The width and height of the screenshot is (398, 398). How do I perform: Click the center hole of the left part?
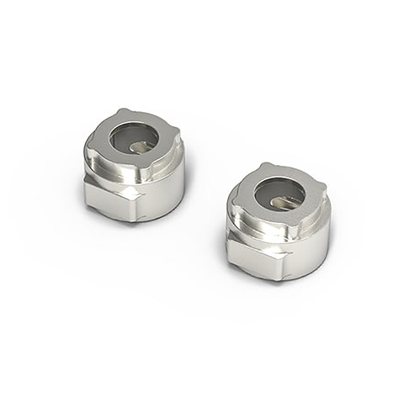tap(134, 139)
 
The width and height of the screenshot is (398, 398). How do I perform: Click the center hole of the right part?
tap(279, 193)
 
